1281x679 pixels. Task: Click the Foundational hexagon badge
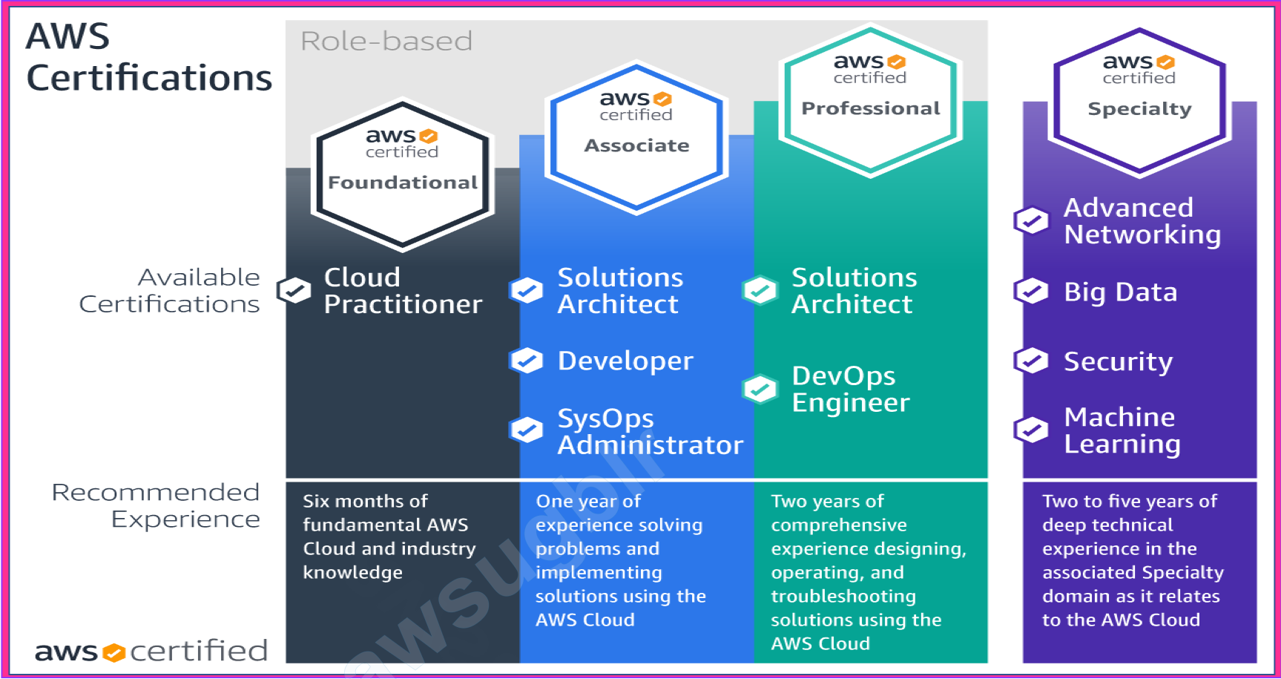coord(403,175)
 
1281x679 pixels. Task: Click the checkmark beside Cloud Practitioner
coord(294,290)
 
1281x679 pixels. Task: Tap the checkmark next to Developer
coord(527,361)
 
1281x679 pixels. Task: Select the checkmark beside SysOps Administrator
coord(527,429)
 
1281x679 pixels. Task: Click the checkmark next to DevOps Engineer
coord(760,388)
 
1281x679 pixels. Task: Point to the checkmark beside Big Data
coord(1032,291)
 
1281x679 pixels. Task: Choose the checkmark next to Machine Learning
coord(1032,429)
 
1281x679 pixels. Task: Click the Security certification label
coord(1118,362)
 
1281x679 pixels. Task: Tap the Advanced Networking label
coord(1142,221)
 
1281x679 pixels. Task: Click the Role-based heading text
coord(386,42)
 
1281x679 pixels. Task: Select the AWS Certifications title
coord(148,58)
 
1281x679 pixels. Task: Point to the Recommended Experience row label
coord(156,505)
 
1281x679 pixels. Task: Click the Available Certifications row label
coord(170,290)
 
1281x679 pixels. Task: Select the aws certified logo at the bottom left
coord(151,652)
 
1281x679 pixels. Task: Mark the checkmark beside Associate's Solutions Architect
coord(527,290)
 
